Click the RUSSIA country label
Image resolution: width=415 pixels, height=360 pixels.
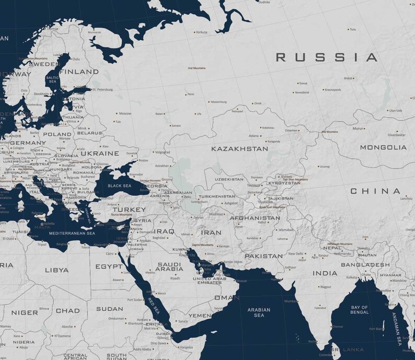pos(327,57)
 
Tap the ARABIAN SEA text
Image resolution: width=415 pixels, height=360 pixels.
pos(259,312)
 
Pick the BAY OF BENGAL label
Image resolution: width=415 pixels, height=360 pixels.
pos(360,309)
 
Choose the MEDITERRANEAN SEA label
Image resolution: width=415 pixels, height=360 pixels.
pos(72,233)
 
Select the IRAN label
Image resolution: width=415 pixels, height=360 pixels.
pos(212,232)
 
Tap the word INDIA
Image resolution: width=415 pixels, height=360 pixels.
pos(325,273)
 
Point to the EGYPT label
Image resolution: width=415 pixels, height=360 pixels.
pos(109,266)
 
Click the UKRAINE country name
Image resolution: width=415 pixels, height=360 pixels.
pos(99,154)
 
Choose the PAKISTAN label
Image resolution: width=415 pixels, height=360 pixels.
pos(263,256)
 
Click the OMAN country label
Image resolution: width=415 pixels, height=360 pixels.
pos(227,297)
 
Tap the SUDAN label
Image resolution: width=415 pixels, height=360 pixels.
pos(110,309)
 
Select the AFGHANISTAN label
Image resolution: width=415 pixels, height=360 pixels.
pos(255,218)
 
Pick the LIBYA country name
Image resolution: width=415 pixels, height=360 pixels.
pos(56,270)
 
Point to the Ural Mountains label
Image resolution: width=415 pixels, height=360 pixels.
pos(197,68)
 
